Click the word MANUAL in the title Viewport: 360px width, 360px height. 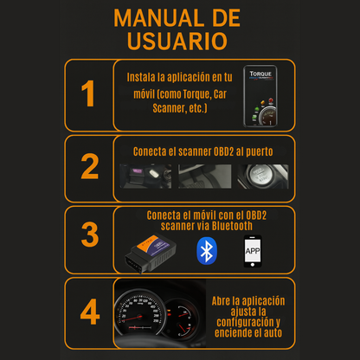[x=158, y=18]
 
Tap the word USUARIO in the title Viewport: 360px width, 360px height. [x=177, y=41]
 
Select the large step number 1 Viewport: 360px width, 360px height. [x=88, y=93]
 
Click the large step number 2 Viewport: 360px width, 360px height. [x=90, y=166]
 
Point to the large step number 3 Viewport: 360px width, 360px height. [x=90, y=235]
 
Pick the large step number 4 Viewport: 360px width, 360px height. [x=90, y=312]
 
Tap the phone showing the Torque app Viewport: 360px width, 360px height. [x=260, y=96]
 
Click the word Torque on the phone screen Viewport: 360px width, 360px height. [x=260, y=74]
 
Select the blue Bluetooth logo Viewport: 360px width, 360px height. [x=207, y=251]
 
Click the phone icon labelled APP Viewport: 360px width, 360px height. [x=253, y=251]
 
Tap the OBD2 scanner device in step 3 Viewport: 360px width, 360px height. [x=151, y=253]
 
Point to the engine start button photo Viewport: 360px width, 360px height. [x=262, y=177]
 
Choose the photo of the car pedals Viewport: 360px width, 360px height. [x=204, y=177]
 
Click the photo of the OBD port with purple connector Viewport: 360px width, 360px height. [x=145, y=177]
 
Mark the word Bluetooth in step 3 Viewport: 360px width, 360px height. [x=232, y=226]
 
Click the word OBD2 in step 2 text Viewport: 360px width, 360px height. [x=223, y=151]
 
